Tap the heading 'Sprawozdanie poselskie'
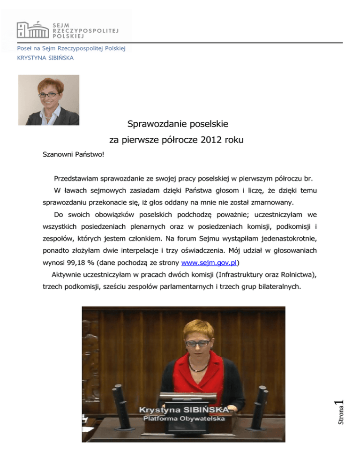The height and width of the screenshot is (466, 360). (178, 124)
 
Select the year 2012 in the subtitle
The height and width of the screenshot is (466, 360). (216, 140)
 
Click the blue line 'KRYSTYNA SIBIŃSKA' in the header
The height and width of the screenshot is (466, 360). (45, 58)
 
